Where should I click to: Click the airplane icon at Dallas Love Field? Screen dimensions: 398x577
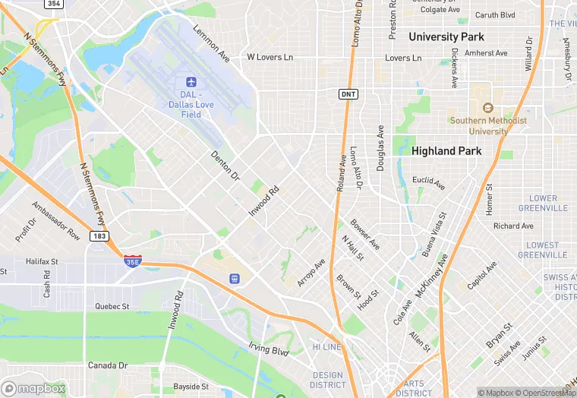pos(191,81)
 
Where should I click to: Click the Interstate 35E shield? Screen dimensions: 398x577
pos(132,260)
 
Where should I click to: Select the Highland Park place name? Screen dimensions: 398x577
pos(446,151)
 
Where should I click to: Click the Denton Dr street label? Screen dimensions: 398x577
pos(225,166)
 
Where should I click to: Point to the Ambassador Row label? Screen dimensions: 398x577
pos(56,221)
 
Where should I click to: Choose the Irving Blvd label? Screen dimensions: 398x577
pos(269,349)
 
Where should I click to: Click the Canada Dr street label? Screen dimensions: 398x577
pos(108,365)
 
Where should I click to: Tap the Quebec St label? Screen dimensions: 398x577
pos(112,307)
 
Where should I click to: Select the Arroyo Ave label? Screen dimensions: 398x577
pos(311,273)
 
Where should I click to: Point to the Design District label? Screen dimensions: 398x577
pos(328,380)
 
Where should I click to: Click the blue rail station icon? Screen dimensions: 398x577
pos(235,280)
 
